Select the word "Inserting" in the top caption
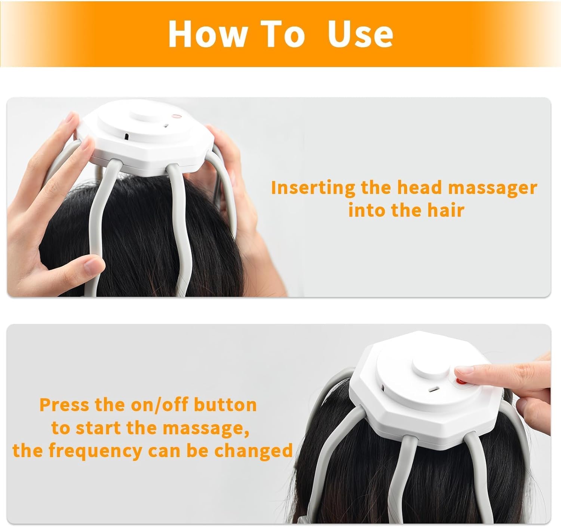(x=313, y=188)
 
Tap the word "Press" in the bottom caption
(x=64, y=404)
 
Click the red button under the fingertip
(x=461, y=381)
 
